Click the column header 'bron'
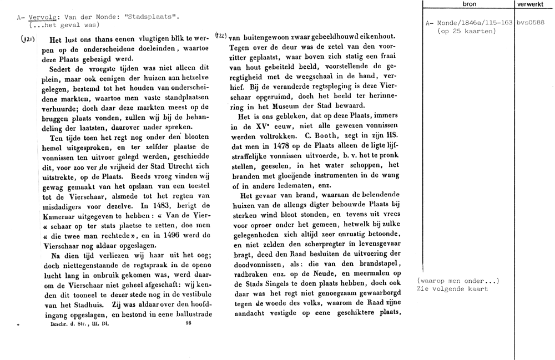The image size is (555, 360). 468,4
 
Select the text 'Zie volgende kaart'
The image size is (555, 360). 452,288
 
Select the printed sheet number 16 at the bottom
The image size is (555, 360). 189,323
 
